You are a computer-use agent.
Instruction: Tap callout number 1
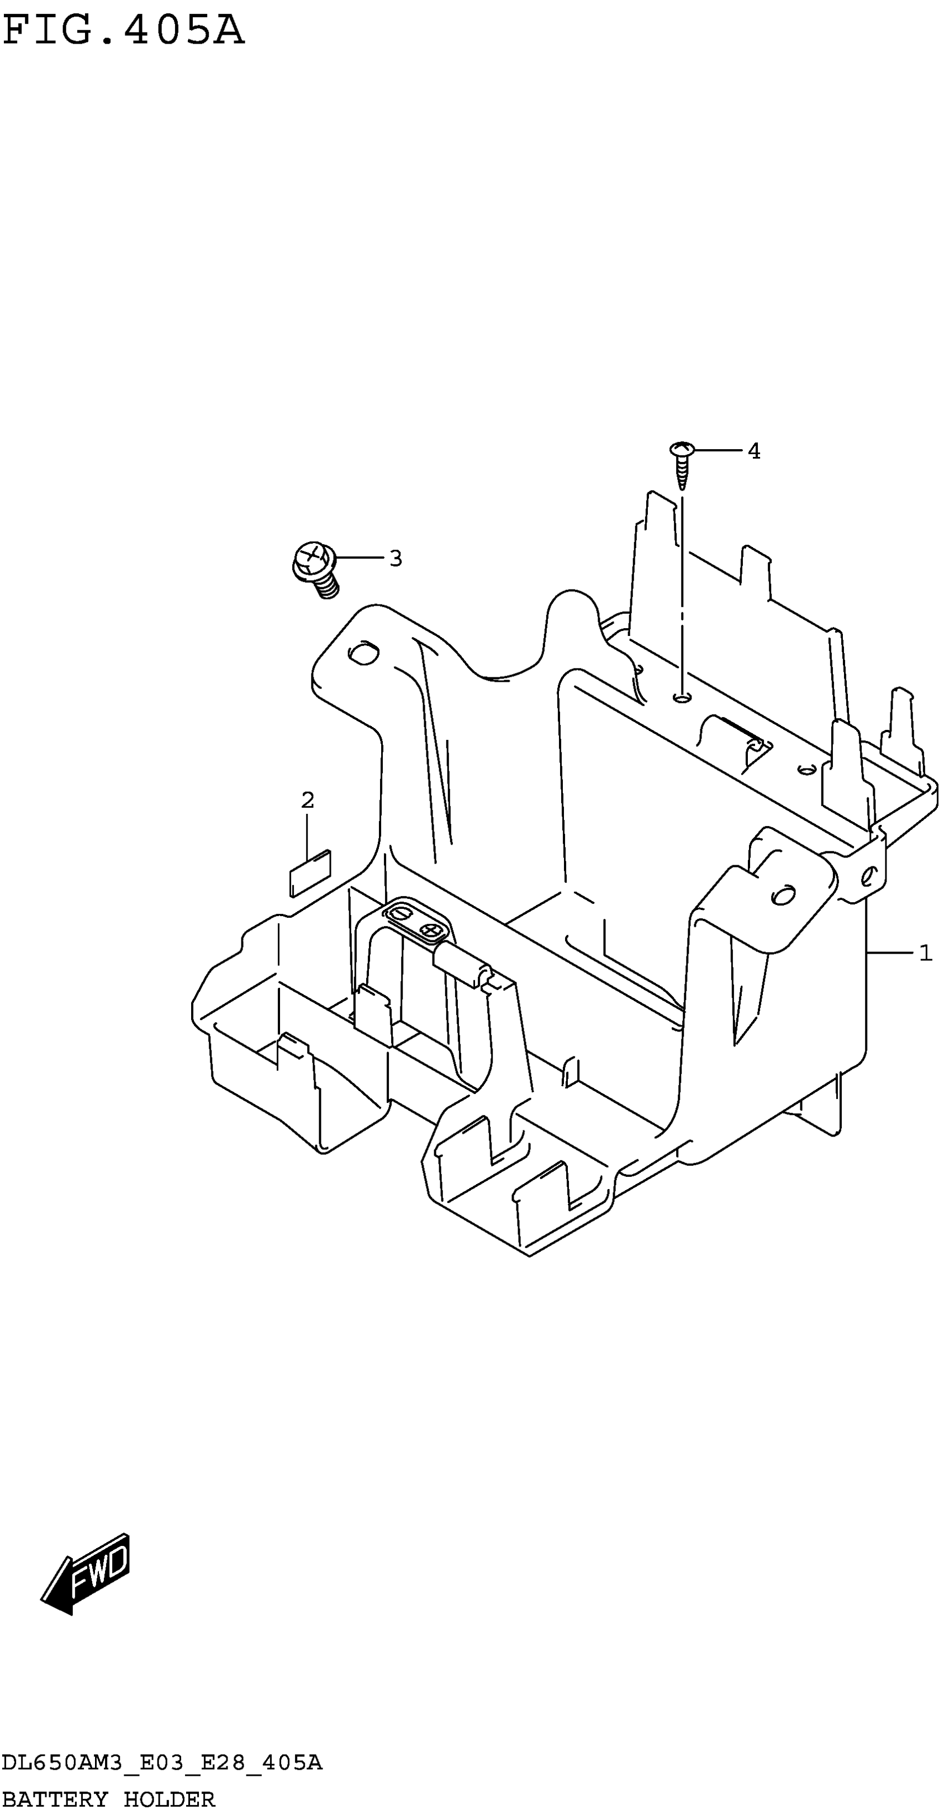click(x=925, y=954)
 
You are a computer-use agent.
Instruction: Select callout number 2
click(x=307, y=800)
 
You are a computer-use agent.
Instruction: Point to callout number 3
click(x=395, y=558)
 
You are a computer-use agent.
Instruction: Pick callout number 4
click(x=754, y=451)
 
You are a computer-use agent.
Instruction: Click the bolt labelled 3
click(x=316, y=567)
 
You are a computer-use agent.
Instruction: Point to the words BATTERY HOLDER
click(x=108, y=1799)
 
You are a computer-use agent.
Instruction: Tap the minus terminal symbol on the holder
click(x=400, y=913)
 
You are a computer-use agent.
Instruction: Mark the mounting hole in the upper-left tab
click(x=363, y=654)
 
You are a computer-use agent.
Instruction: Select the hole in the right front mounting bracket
click(x=782, y=895)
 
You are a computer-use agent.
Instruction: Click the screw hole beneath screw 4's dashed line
click(x=682, y=698)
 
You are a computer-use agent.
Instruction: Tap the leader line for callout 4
click(x=717, y=450)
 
